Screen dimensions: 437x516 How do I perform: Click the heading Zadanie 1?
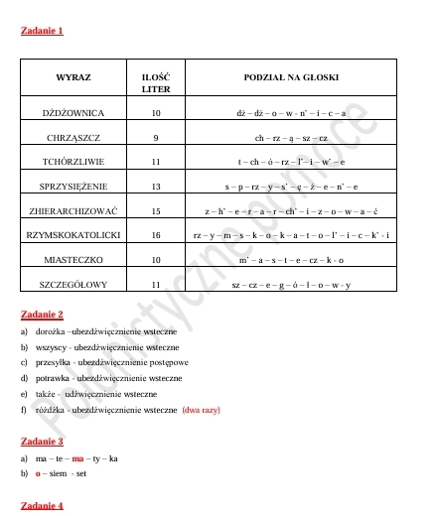[42, 32]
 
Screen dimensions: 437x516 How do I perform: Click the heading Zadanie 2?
[42, 315]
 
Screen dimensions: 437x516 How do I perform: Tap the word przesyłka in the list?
[54, 362]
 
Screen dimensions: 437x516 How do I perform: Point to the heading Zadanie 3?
[42, 441]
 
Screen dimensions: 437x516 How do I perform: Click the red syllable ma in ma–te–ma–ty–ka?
[77, 458]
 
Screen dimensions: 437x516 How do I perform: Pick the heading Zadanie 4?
[42, 505]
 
